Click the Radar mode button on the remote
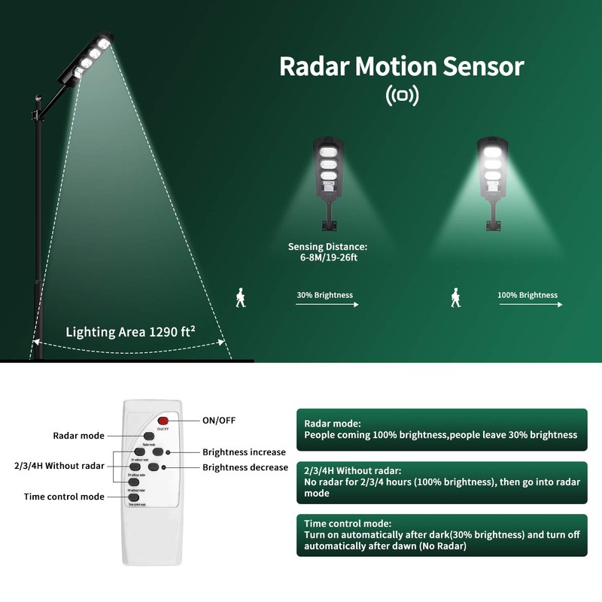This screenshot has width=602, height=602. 148,436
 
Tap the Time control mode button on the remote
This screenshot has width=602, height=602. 134,497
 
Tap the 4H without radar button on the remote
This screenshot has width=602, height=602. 134,482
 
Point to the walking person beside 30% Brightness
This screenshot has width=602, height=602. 240,297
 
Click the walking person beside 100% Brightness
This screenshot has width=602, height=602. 455,297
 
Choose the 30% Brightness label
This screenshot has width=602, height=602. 324,295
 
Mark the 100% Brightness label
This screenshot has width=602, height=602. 528,295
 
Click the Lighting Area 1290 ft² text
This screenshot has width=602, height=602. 130,331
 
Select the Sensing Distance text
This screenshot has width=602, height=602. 328,251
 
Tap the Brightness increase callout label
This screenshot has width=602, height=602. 244,452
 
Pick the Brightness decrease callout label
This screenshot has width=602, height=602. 245,467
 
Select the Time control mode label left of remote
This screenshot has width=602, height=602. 64,497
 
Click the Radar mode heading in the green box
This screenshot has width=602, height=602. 333,424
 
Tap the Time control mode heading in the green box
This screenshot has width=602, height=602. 347,523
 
